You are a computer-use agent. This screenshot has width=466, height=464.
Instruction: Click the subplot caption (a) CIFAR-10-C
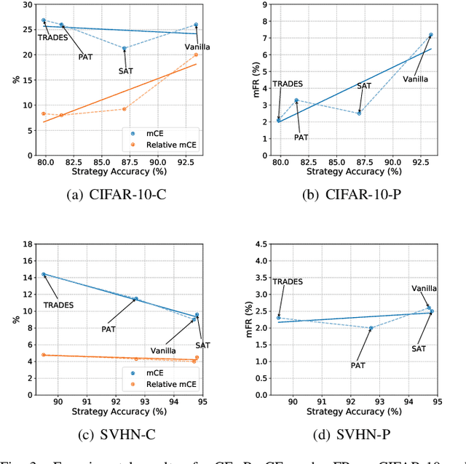point(118,195)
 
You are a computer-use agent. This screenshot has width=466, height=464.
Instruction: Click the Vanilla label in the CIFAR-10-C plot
point(197,47)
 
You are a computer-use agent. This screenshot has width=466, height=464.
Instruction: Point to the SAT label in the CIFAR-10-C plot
point(127,71)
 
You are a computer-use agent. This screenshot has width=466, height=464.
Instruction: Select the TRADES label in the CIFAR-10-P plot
point(288,84)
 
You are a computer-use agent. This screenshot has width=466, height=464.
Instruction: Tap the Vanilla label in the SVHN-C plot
point(164,351)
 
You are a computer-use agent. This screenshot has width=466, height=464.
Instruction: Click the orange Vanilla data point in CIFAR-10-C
point(196,55)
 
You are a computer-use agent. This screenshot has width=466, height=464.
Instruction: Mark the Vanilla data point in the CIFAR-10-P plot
point(431,35)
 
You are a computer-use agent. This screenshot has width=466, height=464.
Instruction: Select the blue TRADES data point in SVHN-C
point(44,274)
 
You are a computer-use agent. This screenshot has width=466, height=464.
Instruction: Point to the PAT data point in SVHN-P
point(371,328)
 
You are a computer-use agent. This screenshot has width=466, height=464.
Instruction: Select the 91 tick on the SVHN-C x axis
point(87,401)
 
